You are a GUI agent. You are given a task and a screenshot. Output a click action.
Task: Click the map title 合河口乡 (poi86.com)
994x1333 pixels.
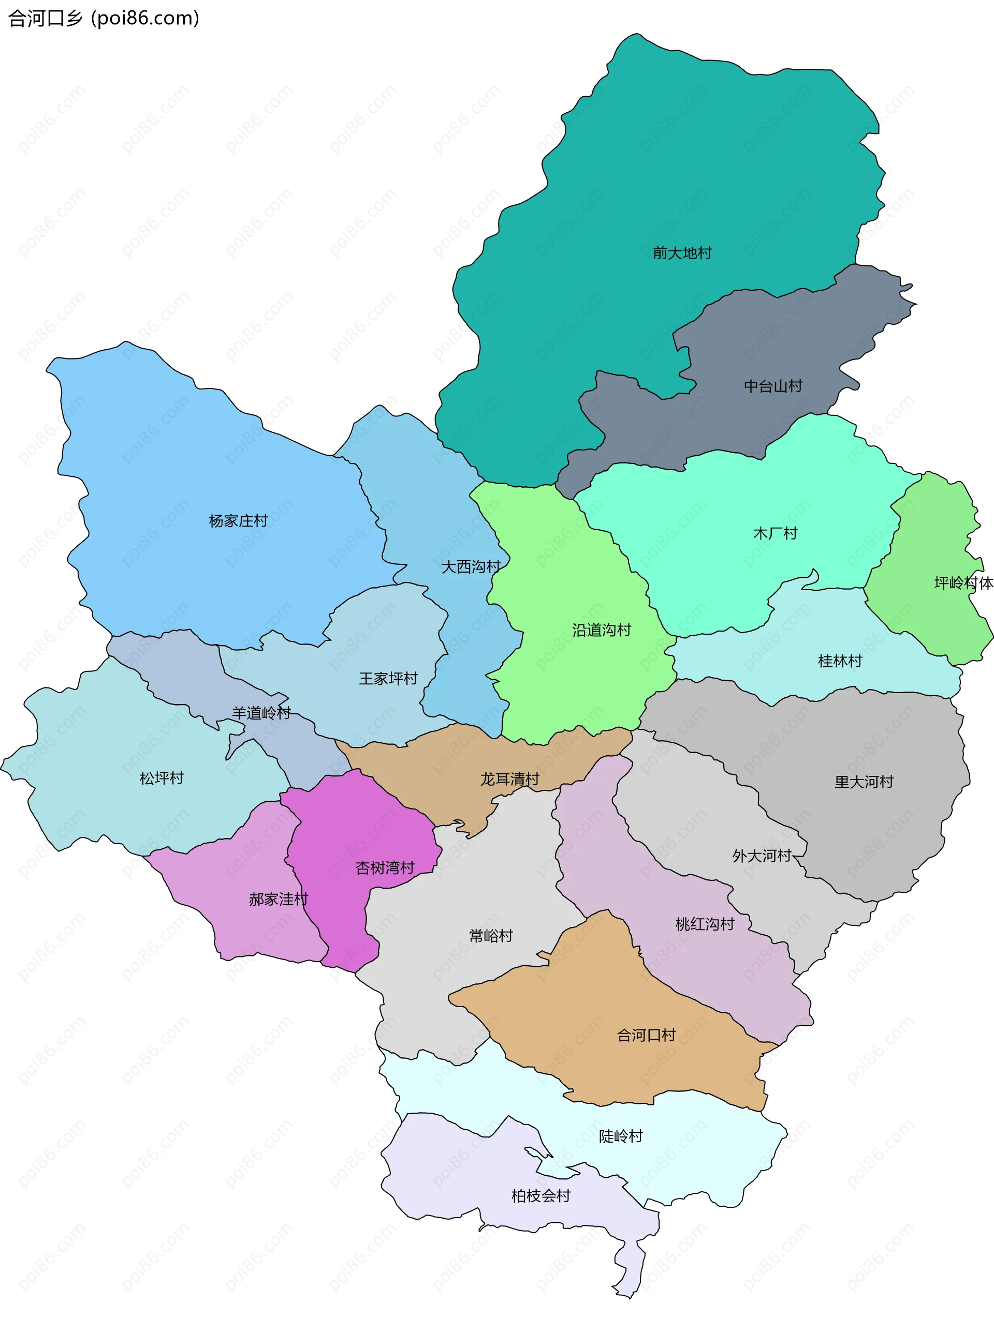pyautogui.click(x=104, y=18)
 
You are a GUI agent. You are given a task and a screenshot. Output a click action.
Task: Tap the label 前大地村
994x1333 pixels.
pyautogui.click(x=682, y=253)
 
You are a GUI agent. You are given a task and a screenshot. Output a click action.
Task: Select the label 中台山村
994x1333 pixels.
pyautogui.click(x=773, y=386)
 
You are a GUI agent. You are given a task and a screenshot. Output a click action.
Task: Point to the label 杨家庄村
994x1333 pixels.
pyautogui.click(x=238, y=521)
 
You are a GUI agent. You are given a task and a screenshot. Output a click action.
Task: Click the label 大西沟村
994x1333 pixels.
pyautogui.click(x=471, y=566)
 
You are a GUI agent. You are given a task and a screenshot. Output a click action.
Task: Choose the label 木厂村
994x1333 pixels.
pyautogui.click(x=775, y=533)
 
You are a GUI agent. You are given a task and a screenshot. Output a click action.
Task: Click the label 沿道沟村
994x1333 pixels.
pyautogui.click(x=602, y=630)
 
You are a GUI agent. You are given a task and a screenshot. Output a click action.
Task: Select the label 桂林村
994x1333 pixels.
pyautogui.click(x=840, y=662)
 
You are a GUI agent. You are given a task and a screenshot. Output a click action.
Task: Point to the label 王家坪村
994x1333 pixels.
pyautogui.click(x=389, y=679)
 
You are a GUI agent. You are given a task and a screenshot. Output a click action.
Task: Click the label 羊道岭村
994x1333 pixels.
pyautogui.click(x=261, y=713)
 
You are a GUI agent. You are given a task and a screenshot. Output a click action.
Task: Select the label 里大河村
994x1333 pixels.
pyautogui.click(x=864, y=782)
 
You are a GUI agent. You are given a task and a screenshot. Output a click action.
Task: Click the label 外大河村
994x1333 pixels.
pyautogui.click(x=762, y=856)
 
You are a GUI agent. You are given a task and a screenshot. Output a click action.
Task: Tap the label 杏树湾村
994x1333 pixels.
pyautogui.click(x=385, y=867)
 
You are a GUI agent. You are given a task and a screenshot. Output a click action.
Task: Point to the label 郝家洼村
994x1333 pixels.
pyautogui.click(x=279, y=900)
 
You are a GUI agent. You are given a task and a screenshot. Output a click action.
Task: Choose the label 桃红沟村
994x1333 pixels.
pyautogui.click(x=705, y=924)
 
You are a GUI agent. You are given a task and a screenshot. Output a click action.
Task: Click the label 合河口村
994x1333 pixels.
pyautogui.click(x=647, y=1036)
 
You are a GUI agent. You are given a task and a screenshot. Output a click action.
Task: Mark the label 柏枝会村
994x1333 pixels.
pyautogui.click(x=541, y=1196)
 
